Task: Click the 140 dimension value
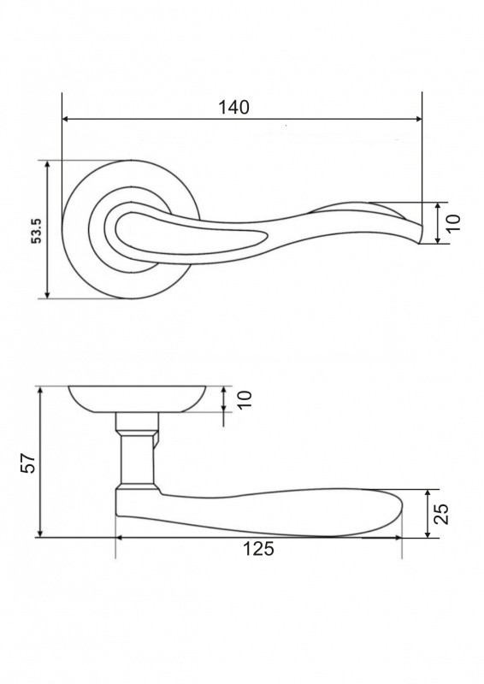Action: (x=233, y=108)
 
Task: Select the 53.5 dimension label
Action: (x=37, y=231)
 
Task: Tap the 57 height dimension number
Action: (x=27, y=463)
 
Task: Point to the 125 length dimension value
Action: (x=258, y=549)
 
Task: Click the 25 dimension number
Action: (x=442, y=514)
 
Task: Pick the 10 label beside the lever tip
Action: (x=453, y=223)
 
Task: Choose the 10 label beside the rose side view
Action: (x=245, y=399)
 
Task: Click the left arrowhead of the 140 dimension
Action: (x=66, y=119)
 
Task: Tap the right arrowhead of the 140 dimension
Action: (x=418, y=119)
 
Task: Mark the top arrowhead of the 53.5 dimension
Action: (x=48, y=163)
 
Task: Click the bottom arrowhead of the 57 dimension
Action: (x=40, y=534)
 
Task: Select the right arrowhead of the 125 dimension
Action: (x=398, y=538)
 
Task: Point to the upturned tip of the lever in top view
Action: (x=420, y=233)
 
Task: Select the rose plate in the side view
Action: (x=137, y=399)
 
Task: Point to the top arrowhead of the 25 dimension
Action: (x=428, y=493)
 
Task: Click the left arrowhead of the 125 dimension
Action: (x=120, y=538)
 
